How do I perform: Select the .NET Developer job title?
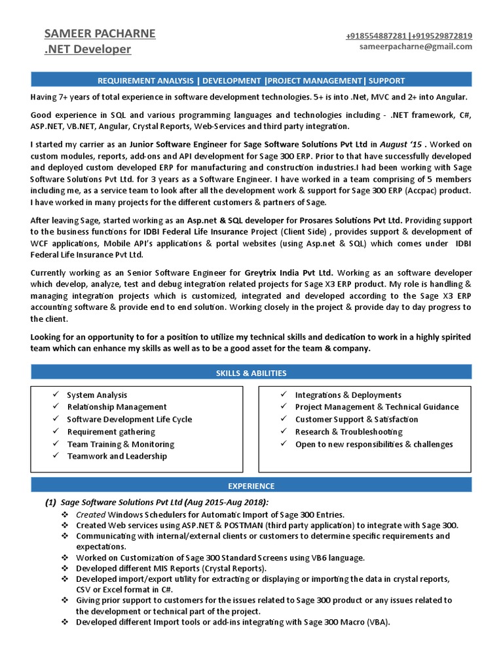tap(87, 49)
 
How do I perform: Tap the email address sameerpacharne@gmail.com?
tap(416, 47)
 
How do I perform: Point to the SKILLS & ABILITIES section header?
tap(251, 373)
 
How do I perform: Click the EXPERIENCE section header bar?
tap(251, 486)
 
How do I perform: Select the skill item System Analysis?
tap(97, 395)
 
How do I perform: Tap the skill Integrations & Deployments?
tap(348, 395)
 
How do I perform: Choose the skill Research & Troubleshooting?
tap(348, 432)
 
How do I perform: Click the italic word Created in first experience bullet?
tap(90, 514)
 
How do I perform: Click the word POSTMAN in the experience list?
tap(244, 526)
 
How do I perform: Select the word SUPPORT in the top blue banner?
tap(386, 81)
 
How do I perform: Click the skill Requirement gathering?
tap(111, 432)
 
